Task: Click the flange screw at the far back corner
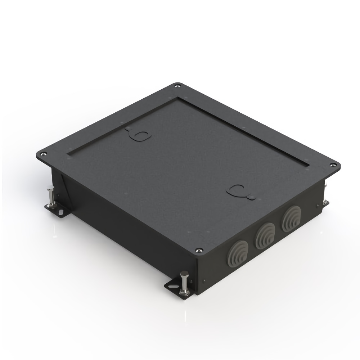click(177, 86)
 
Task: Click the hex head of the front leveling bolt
click(184, 274)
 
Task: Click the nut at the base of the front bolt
click(185, 292)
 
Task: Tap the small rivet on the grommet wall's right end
click(318, 206)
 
